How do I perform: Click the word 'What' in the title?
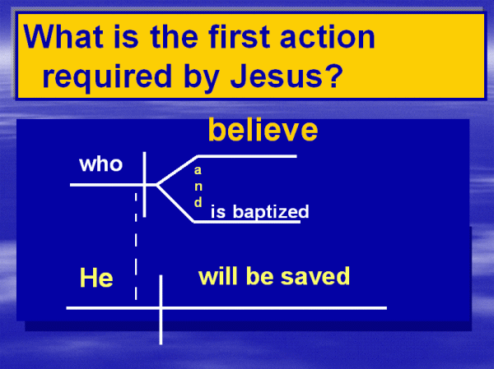tap(63, 36)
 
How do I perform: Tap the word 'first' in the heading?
tap(239, 36)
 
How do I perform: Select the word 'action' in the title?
tap(328, 36)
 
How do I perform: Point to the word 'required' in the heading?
tap(107, 76)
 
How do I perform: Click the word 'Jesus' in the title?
tap(277, 76)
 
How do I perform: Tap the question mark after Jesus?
tap(333, 76)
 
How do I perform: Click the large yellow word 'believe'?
tap(263, 130)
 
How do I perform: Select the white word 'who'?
tap(100, 164)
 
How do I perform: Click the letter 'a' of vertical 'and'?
tap(198, 170)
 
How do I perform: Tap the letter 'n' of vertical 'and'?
tap(198, 187)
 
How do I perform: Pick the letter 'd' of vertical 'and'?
tap(198, 202)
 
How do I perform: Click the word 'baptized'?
tap(271, 212)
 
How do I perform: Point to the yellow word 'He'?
tap(96, 278)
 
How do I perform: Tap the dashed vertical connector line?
tap(136, 247)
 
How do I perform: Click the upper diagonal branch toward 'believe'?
tap(177, 170)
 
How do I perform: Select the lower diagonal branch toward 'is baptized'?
tap(175, 203)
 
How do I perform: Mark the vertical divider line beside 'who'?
tap(144, 184)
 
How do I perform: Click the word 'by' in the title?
tap(201, 77)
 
